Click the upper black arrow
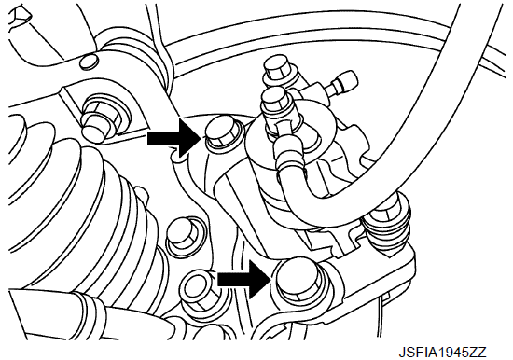[x=173, y=138]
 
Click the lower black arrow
[x=243, y=279]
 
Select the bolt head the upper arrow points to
[x=222, y=132]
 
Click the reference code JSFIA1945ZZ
[x=442, y=353]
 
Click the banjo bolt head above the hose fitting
[x=275, y=101]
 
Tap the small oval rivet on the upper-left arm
[x=89, y=62]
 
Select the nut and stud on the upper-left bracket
[x=101, y=119]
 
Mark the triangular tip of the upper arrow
[x=201, y=138]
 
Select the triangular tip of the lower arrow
[x=270, y=279]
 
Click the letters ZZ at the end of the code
[x=478, y=353]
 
